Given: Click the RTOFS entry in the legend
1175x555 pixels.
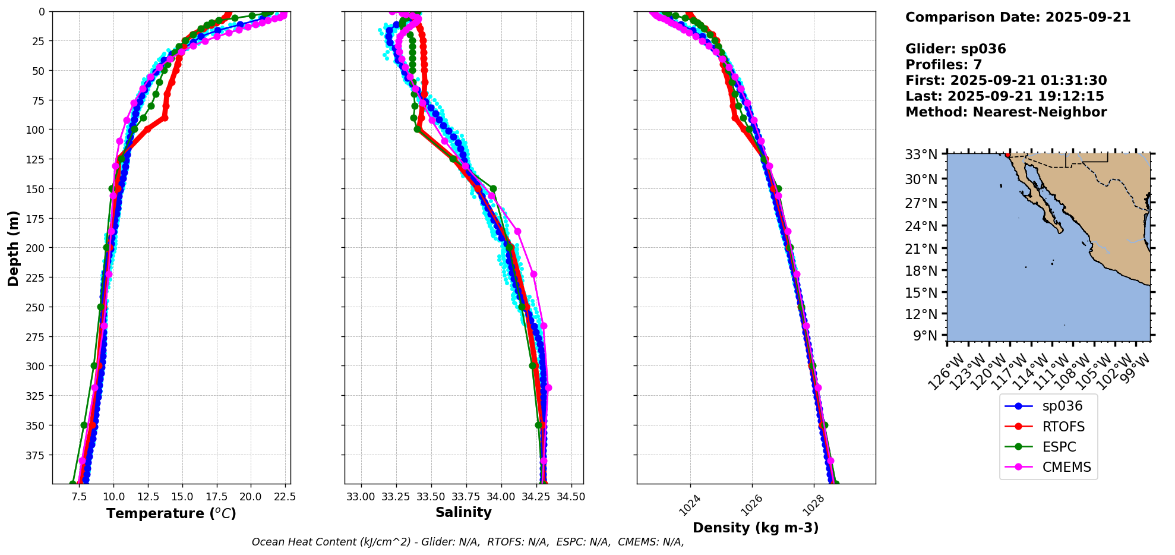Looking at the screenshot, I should click(x=1063, y=427).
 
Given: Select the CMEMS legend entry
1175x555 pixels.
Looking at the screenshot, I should click(x=1066, y=467).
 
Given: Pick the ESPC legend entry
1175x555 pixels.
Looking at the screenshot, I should click(x=1059, y=447).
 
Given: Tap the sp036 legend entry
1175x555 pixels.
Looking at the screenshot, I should click(x=1062, y=406).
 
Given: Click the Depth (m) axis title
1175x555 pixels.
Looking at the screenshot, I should click(x=13, y=248).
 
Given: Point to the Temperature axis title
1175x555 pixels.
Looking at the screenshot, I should click(x=171, y=513).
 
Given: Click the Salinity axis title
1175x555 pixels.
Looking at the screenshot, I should click(x=463, y=513).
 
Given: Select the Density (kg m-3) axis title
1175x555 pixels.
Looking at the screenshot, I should click(x=756, y=528).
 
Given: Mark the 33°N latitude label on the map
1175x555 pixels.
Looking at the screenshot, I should click(x=921, y=154).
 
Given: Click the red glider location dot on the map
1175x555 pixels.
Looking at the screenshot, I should click(x=1007, y=155).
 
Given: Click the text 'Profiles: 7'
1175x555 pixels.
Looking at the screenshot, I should click(x=943, y=65).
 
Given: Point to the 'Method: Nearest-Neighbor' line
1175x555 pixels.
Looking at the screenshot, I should click(x=1006, y=112).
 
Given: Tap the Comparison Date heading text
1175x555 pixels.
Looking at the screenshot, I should click(x=1018, y=17).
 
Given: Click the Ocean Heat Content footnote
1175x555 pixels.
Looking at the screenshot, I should click(x=468, y=542).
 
